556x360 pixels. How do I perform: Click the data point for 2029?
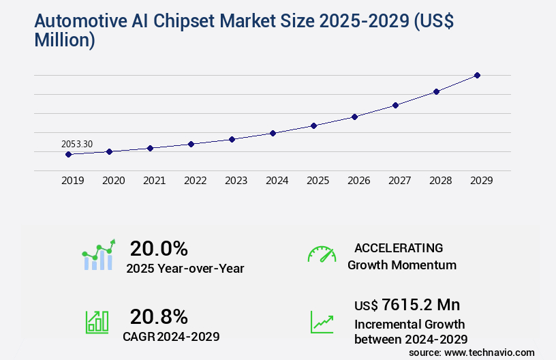(x=477, y=75)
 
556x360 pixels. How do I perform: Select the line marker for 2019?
(x=68, y=155)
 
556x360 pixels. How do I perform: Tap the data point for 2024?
(x=273, y=133)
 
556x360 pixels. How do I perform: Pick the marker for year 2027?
(x=395, y=105)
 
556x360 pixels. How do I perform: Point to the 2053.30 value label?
(x=77, y=144)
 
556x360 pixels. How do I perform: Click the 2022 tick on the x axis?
(x=195, y=181)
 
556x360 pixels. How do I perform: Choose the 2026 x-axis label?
(x=358, y=181)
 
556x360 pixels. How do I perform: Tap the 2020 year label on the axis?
(x=113, y=181)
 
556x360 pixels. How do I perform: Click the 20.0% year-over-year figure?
(x=159, y=248)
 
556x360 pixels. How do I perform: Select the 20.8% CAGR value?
(x=159, y=316)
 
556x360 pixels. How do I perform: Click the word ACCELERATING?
(x=399, y=248)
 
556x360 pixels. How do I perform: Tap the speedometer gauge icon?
(x=322, y=254)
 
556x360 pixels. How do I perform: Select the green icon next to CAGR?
(x=97, y=322)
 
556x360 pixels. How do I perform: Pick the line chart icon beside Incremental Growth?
(x=322, y=322)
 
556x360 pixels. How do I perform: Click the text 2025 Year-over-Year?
(x=185, y=269)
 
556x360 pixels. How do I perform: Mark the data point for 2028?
(x=436, y=91)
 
